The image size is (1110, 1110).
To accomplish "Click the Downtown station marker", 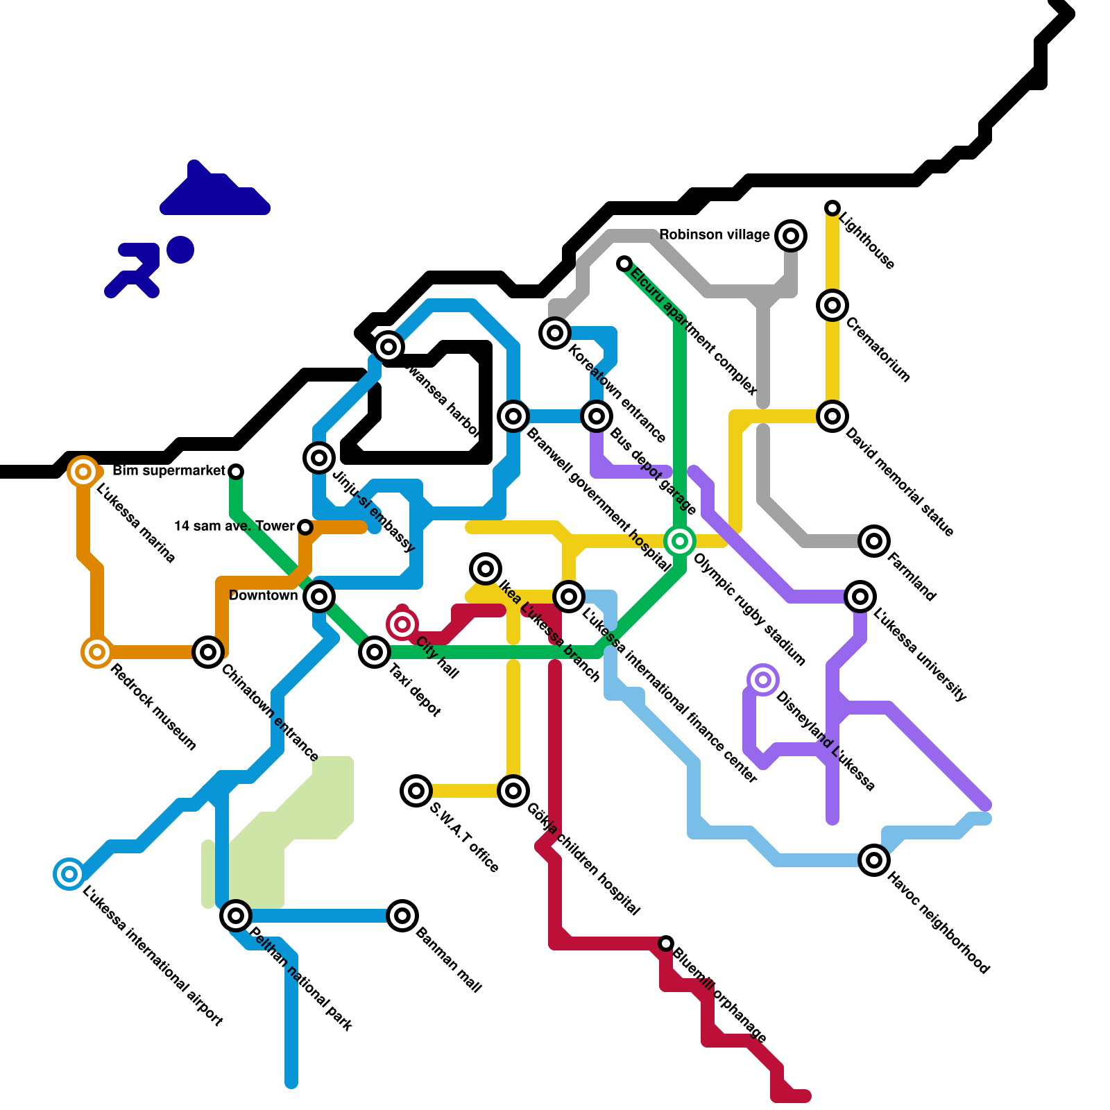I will pyautogui.click(x=319, y=596).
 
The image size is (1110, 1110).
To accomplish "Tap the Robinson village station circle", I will pyautogui.click(x=791, y=236).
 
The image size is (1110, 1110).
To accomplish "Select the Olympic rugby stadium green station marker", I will pyautogui.click(x=680, y=541).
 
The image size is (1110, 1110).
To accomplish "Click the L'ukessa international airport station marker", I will pyautogui.click(x=69, y=874).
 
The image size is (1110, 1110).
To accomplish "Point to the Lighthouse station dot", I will pyautogui.click(x=832, y=208).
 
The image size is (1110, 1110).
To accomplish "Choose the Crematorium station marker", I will pyautogui.click(x=832, y=305).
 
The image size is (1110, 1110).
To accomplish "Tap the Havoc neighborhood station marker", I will pyautogui.click(x=874, y=860).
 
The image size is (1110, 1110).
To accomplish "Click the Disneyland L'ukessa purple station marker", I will pyautogui.click(x=763, y=680).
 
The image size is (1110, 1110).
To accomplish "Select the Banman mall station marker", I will pyautogui.click(x=402, y=916).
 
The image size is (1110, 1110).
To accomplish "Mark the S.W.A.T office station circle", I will pyautogui.click(x=416, y=791).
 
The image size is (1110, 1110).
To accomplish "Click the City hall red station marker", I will pyautogui.click(x=402, y=624).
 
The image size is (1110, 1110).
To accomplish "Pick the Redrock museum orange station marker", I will pyautogui.click(x=97, y=652).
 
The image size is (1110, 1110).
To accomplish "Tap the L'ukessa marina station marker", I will pyautogui.click(x=83, y=472).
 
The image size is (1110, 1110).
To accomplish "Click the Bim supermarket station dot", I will pyautogui.click(x=236, y=472).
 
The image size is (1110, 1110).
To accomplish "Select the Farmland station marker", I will pyautogui.click(x=874, y=541).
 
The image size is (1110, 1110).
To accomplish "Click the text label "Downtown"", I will pyautogui.click(x=263, y=596).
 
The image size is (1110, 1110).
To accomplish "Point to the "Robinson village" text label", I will pyautogui.click(x=714, y=235).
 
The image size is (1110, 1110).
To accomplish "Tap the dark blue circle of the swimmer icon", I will pyautogui.click(x=180, y=250).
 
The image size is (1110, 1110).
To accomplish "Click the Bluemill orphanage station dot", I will pyautogui.click(x=666, y=943).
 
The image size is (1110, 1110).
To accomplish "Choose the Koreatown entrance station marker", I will pyautogui.click(x=555, y=333).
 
